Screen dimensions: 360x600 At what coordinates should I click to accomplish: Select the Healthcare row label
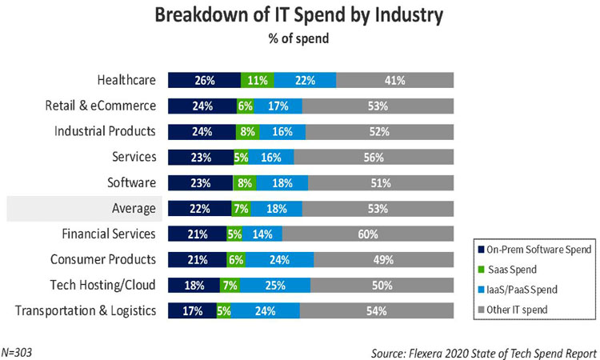[x=126, y=79]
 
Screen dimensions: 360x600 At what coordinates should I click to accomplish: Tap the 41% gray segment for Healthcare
[x=395, y=80]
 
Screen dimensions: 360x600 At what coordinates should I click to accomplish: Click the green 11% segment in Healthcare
[x=258, y=80]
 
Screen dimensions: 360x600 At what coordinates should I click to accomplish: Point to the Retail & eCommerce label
[x=104, y=106]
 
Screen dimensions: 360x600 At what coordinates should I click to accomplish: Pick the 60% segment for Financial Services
[x=368, y=234]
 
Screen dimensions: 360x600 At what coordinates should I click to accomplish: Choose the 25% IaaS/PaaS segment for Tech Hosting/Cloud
[x=274, y=286]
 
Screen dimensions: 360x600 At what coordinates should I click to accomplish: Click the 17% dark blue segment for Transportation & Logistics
[x=191, y=311]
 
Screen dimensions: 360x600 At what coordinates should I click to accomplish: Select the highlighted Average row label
[x=133, y=209]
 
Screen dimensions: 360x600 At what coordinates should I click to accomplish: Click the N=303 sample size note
[x=19, y=352]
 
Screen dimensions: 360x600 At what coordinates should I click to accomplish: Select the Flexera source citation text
[x=484, y=352]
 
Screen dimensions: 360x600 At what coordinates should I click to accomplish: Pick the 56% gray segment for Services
[x=374, y=157]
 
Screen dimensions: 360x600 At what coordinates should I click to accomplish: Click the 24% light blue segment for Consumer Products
[x=280, y=260]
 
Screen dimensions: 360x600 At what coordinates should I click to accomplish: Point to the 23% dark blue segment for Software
[x=200, y=183]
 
